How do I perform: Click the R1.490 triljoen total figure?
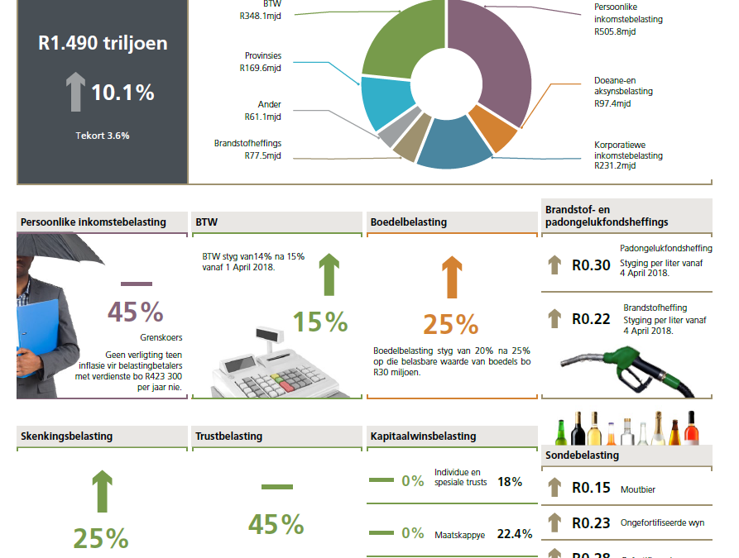click(x=103, y=43)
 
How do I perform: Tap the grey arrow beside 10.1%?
click(x=76, y=92)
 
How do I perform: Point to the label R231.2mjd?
click(x=615, y=165)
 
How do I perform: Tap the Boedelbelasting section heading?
click(x=409, y=222)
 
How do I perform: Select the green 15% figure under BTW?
click(x=320, y=322)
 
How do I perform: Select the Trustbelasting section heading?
click(x=228, y=436)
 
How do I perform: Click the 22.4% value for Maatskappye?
click(x=514, y=534)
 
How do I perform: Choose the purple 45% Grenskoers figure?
click(x=135, y=312)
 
